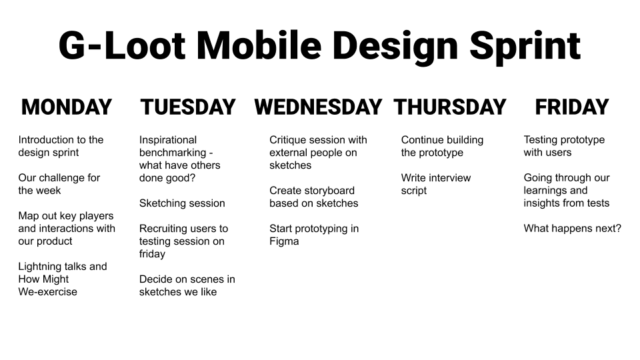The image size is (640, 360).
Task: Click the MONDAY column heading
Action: click(x=67, y=107)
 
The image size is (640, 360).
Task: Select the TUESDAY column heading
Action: click(x=188, y=107)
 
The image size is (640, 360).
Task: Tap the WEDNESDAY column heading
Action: click(x=318, y=107)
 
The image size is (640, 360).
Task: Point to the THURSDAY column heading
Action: click(x=450, y=107)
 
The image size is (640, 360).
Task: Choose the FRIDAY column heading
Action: click(x=572, y=107)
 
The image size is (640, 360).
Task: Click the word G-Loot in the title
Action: click(x=122, y=45)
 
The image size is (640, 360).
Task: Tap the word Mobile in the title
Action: click(x=259, y=45)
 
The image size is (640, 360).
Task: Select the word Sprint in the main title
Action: click(x=525, y=47)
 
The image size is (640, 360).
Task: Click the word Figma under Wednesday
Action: click(x=284, y=241)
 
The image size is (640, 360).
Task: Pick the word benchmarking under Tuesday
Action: click(x=173, y=153)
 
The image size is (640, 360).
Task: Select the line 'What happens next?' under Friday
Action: click(x=572, y=229)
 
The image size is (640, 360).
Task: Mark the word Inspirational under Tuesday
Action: click(x=168, y=140)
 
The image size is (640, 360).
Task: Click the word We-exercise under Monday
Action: click(x=48, y=292)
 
